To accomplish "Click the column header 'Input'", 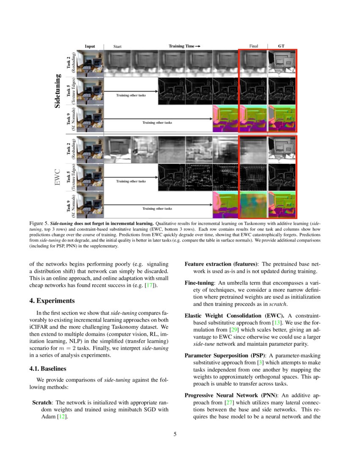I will click(90, 46).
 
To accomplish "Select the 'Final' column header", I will click(253, 46).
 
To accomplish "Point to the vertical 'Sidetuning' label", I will click(58, 91).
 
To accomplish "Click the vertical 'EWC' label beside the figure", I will click(58, 177).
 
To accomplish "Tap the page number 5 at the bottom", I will click(174, 434).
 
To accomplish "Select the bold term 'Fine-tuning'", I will click(199, 282).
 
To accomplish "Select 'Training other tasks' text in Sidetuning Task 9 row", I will click(157, 122).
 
